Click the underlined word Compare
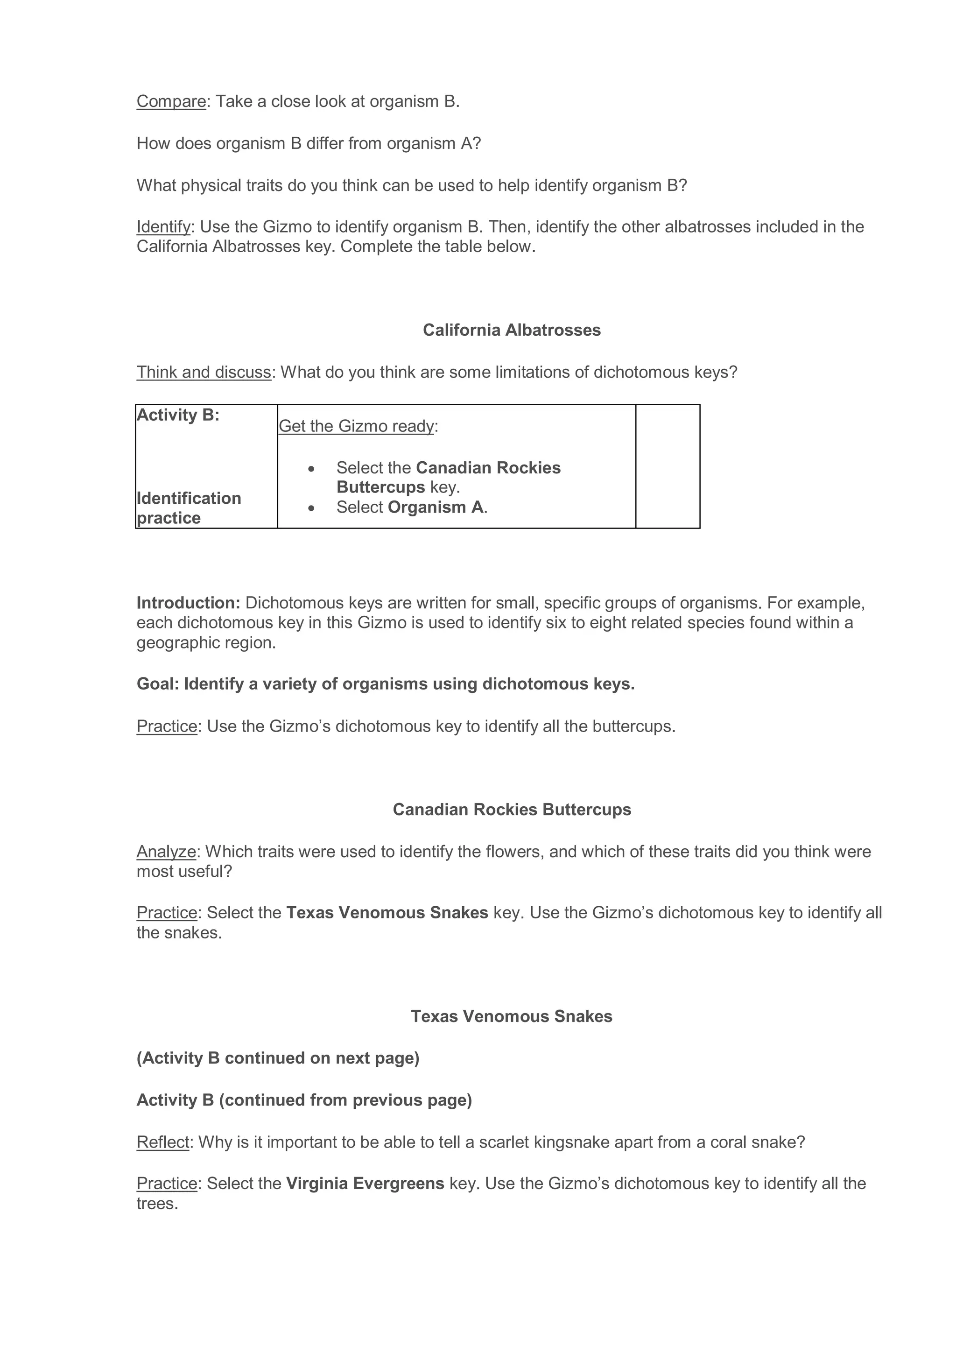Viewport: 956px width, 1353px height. coord(171,101)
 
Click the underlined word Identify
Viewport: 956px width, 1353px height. coord(163,227)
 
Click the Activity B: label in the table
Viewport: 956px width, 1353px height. coord(178,415)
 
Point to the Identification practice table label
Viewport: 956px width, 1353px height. coord(189,508)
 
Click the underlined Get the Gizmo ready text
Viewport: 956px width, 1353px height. coord(356,426)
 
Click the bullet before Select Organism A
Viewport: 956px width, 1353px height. coord(311,507)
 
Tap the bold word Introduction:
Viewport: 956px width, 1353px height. coord(189,603)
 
